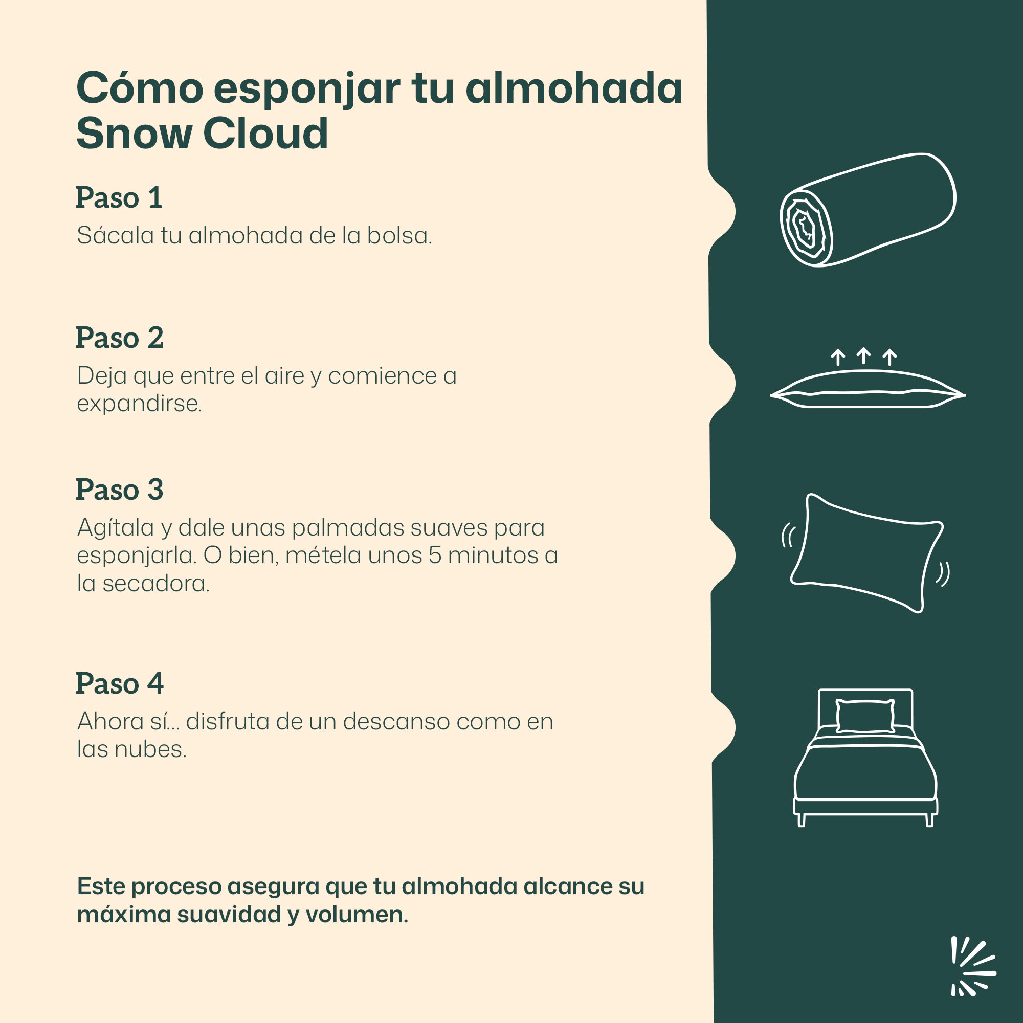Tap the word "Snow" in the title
(134, 134)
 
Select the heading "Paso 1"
(119, 198)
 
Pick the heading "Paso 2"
(120, 338)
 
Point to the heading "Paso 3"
(120, 490)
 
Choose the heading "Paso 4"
(120, 683)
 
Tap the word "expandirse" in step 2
(139, 404)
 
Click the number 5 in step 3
(435, 555)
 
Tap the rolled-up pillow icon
(868, 210)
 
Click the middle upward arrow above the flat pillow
(863, 355)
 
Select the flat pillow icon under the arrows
(868, 389)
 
